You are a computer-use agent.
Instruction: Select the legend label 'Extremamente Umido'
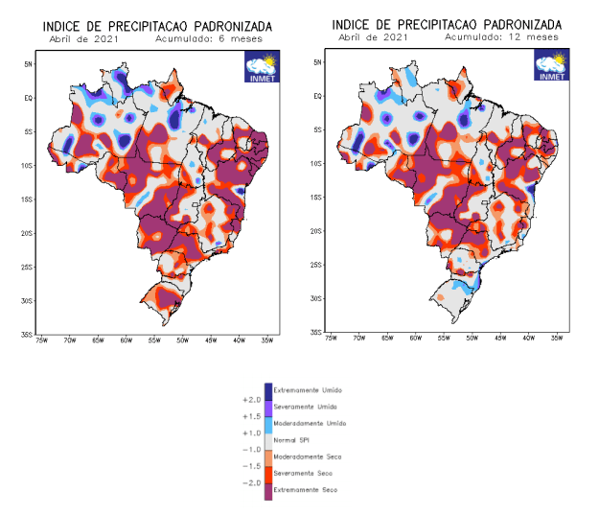308,390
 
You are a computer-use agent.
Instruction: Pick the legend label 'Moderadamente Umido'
309,423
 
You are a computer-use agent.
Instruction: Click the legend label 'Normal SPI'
294,440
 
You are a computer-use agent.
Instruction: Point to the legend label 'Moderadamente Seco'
308,456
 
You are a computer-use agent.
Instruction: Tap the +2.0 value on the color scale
253,399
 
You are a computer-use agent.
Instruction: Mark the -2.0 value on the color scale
253,482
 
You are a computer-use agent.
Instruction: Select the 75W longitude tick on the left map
42,339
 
